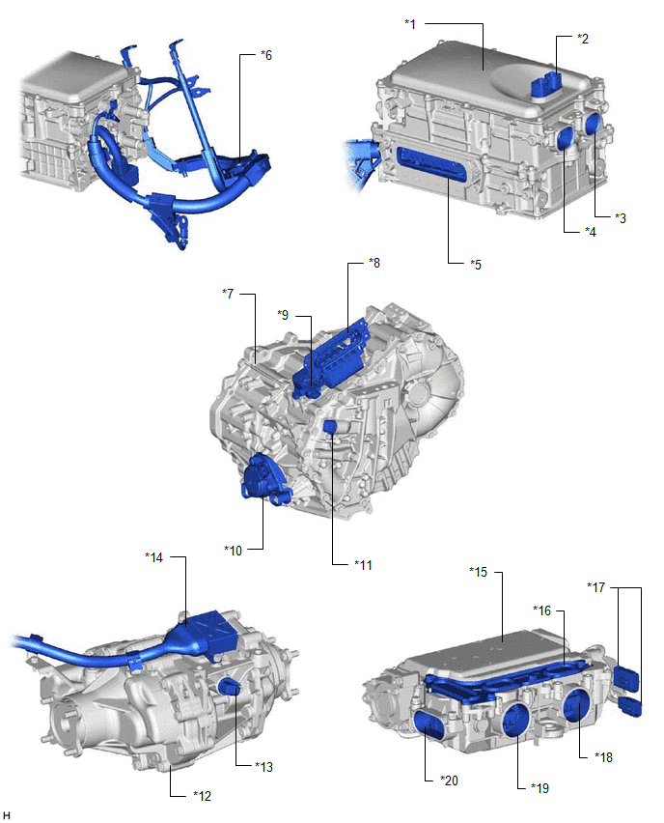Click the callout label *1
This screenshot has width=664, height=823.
click(410, 24)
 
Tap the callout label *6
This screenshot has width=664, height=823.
click(266, 55)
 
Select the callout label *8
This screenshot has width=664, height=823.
click(374, 263)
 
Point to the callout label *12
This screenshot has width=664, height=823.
click(202, 796)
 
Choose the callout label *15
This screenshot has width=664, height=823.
click(479, 572)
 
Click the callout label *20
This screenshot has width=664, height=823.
click(450, 780)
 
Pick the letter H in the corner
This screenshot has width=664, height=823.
click(7, 815)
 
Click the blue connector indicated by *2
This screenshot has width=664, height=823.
click(546, 84)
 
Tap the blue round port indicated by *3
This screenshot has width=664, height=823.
click(594, 124)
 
